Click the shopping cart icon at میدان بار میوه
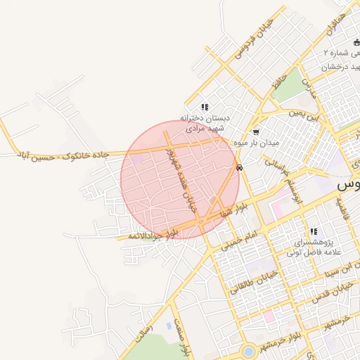pos(255,131)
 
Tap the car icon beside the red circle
pos(240,168)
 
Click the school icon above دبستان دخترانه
pos(205,107)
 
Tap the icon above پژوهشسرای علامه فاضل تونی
pos(314,231)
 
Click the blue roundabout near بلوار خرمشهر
pos(247,350)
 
